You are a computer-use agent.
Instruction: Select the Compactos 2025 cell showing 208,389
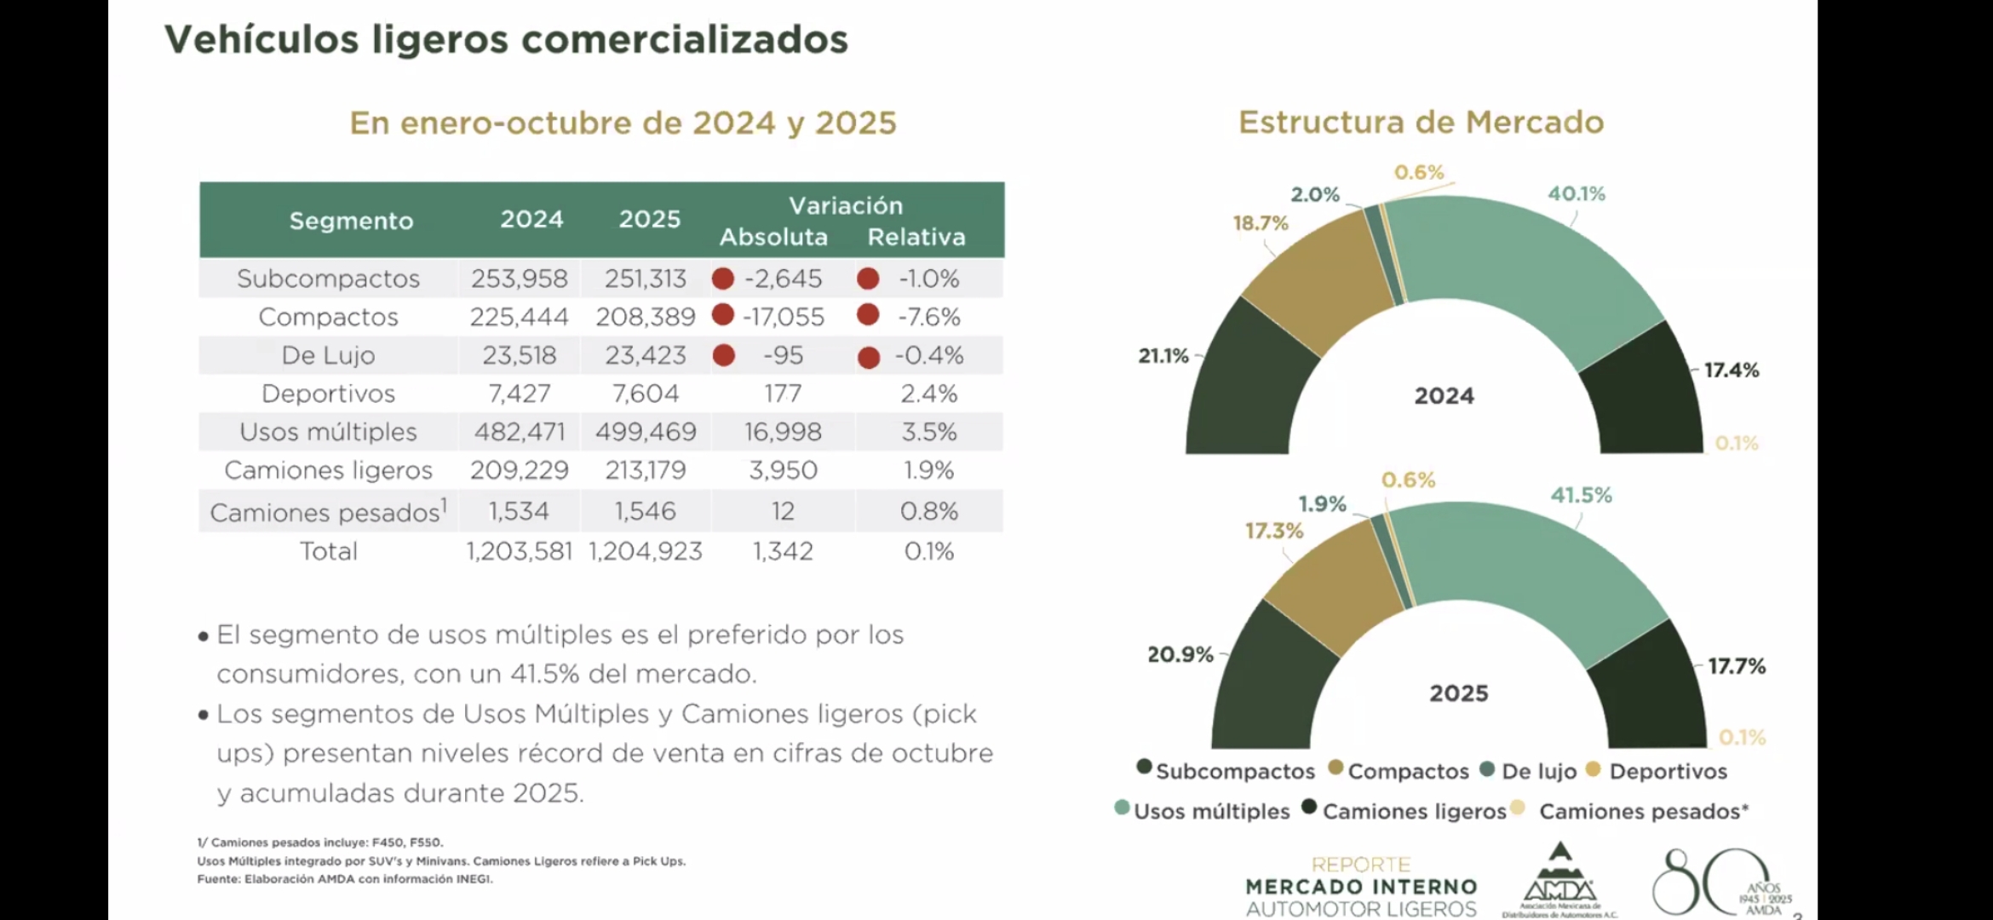coord(646,317)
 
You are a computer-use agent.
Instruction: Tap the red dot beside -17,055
coord(723,315)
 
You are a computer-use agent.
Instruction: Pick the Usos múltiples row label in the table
coord(328,432)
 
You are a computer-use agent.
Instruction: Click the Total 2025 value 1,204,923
coord(646,551)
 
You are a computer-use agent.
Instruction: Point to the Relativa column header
coord(916,237)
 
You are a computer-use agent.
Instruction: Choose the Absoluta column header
coord(773,237)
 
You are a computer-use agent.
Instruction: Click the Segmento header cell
coord(351,221)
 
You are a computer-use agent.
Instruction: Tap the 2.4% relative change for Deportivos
coord(929,394)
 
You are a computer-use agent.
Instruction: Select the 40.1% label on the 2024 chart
coord(1577,194)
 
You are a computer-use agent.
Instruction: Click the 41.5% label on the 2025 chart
coord(1581,496)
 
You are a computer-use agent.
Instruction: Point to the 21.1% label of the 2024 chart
coord(1163,356)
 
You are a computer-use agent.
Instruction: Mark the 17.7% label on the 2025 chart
coord(1737,666)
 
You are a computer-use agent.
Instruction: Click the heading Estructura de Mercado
coord(1421,123)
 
